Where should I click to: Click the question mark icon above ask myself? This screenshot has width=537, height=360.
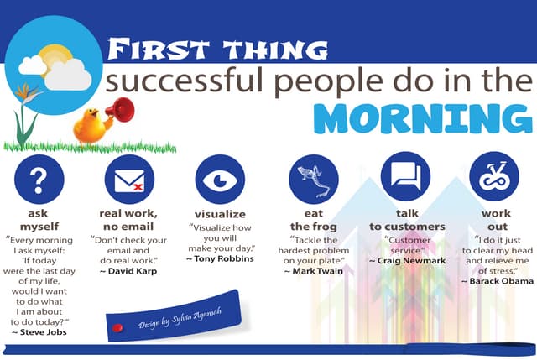pyautogui.click(x=39, y=180)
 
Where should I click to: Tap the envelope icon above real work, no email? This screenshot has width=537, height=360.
pyautogui.click(x=129, y=180)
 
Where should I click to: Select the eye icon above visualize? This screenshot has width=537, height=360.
pyautogui.click(x=220, y=180)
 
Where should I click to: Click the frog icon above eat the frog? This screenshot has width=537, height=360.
pyautogui.click(x=313, y=180)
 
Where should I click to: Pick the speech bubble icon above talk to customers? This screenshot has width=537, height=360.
pyautogui.click(x=405, y=176)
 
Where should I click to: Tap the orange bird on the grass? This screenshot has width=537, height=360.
pyautogui.click(x=89, y=126)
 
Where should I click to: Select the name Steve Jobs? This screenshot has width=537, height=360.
pyautogui.click(x=39, y=332)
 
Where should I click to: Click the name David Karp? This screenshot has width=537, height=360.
pyautogui.click(x=130, y=272)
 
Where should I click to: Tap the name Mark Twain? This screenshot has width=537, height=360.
pyautogui.click(x=313, y=272)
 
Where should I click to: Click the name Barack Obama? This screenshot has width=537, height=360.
pyautogui.click(x=498, y=281)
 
